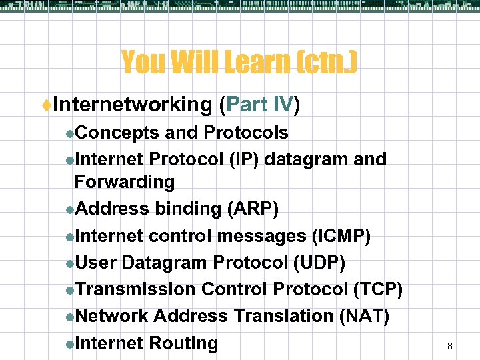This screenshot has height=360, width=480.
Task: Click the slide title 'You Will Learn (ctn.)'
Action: (x=239, y=63)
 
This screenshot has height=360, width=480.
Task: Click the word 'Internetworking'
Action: (x=131, y=105)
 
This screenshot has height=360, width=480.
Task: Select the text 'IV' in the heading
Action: (x=283, y=105)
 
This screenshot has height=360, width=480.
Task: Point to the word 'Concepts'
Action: (x=117, y=133)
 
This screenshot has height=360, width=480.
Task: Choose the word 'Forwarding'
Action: (x=124, y=182)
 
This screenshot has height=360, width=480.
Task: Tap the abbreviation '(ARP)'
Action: (x=253, y=209)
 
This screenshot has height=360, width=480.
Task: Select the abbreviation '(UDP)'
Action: (x=319, y=263)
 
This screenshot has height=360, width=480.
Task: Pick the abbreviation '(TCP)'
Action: (x=377, y=289)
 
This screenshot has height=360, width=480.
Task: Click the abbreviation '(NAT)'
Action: (x=364, y=316)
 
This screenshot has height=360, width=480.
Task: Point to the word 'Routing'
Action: (x=183, y=343)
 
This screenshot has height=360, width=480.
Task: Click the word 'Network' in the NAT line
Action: (x=111, y=316)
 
